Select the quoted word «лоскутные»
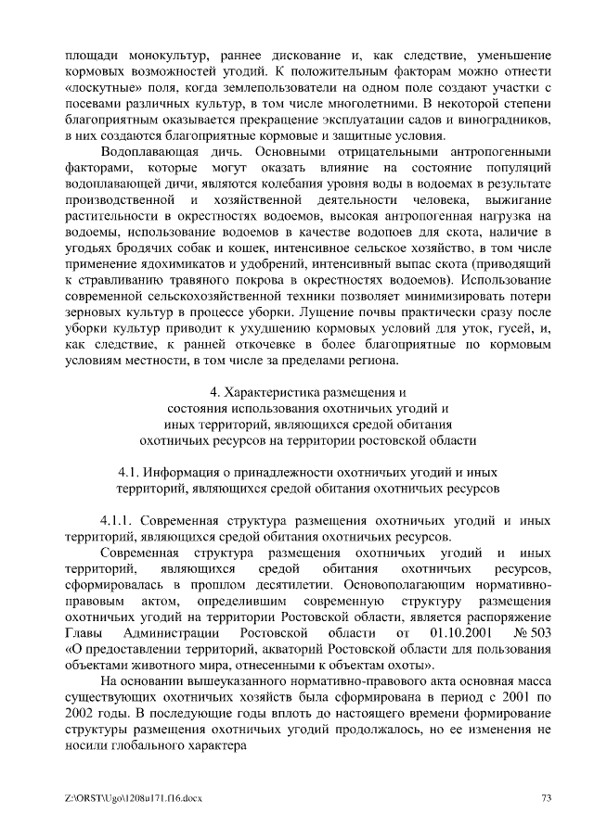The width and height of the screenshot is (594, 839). [104, 87]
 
